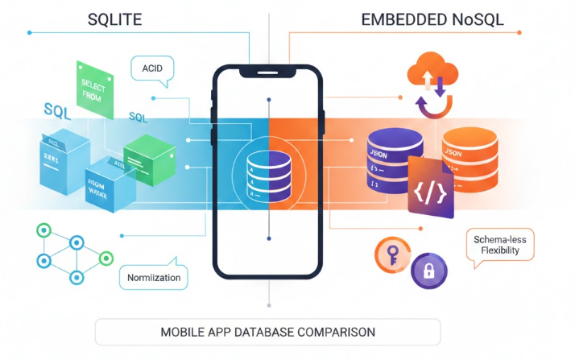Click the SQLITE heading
pyautogui.click(x=114, y=20)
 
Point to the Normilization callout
pyautogui.click(x=154, y=278)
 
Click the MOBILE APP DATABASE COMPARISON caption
pyautogui.click(x=267, y=332)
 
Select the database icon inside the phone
pyautogui.click(x=267, y=176)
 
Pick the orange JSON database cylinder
pyautogui.click(x=467, y=158)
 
